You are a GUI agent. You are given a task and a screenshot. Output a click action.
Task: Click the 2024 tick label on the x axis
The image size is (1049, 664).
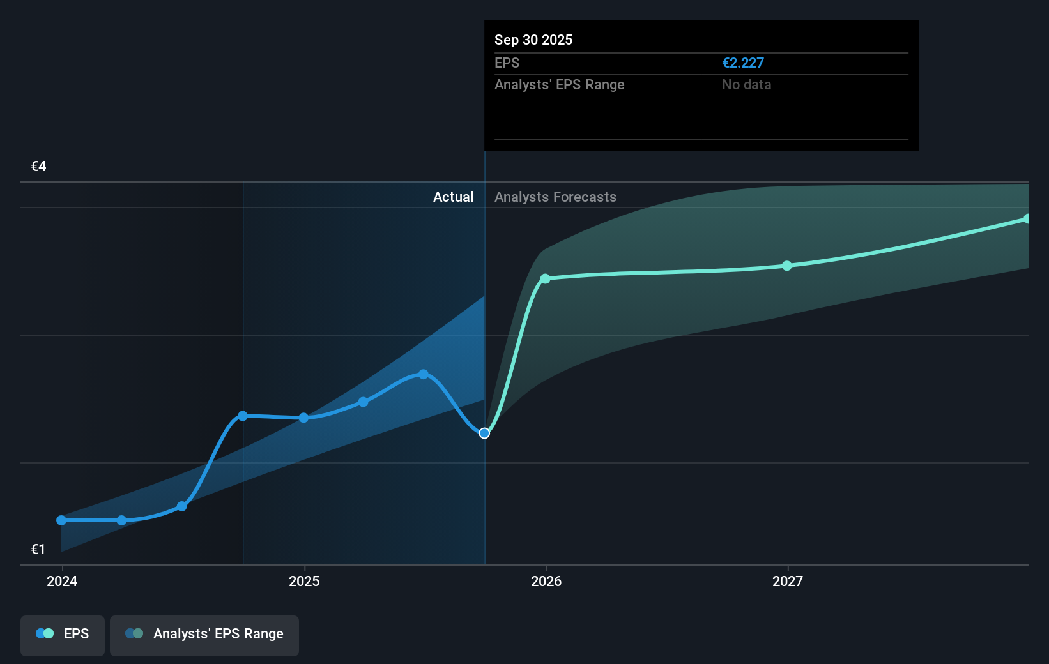pyautogui.click(x=62, y=581)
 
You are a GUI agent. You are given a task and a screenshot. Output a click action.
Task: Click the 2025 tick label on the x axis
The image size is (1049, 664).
pyautogui.click(x=304, y=581)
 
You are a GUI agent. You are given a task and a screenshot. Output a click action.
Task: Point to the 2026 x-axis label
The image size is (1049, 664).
pyautogui.click(x=546, y=581)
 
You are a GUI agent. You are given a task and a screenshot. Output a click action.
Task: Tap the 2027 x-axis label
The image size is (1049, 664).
pyautogui.click(x=788, y=581)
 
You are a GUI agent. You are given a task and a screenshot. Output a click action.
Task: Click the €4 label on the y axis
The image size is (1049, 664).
pyautogui.click(x=39, y=167)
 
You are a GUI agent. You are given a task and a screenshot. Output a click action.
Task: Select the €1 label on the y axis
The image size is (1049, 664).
pyautogui.click(x=38, y=549)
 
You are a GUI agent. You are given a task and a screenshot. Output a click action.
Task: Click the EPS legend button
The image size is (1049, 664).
pyautogui.click(x=63, y=634)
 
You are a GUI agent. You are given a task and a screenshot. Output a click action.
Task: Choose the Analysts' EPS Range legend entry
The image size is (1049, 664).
pyautogui.click(x=204, y=634)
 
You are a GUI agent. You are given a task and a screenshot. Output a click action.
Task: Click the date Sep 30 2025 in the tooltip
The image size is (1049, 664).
pyautogui.click(x=533, y=40)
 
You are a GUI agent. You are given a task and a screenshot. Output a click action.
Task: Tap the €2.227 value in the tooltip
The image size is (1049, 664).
pyautogui.click(x=743, y=63)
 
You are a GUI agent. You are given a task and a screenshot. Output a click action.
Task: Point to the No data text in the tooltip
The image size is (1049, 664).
pyautogui.click(x=746, y=84)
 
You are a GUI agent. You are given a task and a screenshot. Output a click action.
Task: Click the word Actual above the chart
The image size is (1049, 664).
pyautogui.click(x=453, y=197)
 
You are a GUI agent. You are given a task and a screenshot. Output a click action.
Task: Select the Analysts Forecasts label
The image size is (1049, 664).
pyautogui.click(x=555, y=197)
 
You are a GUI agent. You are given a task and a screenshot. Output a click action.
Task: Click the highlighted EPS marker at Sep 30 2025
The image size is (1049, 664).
pyautogui.click(x=484, y=433)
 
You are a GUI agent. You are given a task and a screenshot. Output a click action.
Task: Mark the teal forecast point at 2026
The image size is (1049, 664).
pyautogui.click(x=545, y=278)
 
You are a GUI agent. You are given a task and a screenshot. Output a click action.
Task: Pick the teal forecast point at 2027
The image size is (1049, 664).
pyautogui.click(x=787, y=266)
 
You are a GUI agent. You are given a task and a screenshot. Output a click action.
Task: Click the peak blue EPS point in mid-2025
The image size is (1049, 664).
pyautogui.click(x=424, y=374)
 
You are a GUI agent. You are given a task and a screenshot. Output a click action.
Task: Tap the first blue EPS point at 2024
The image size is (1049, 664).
pyautogui.click(x=61, y=520)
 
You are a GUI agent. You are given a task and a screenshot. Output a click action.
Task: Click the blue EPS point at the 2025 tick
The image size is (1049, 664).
pyautogui.click(x=303, y=418)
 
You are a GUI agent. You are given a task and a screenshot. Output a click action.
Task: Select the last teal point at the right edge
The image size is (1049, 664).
pyautogui.click(x=1027, y=219)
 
